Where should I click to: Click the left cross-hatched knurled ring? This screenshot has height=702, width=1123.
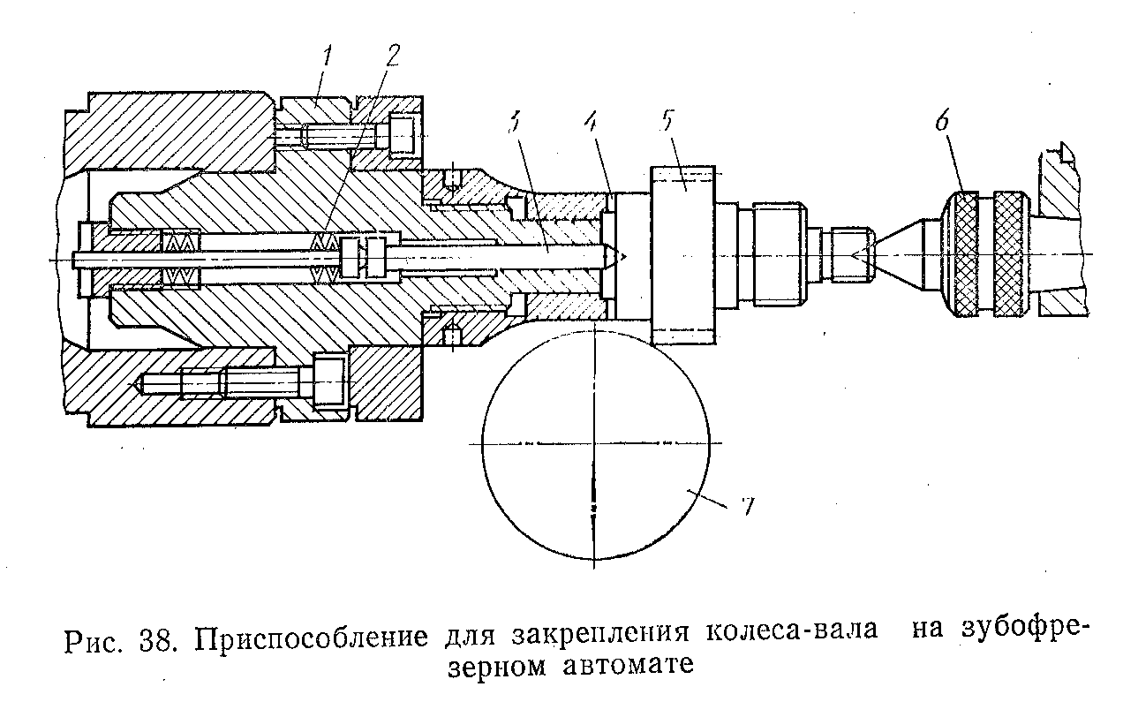[968, 254]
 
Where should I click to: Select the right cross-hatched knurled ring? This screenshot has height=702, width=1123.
[1010, 254]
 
